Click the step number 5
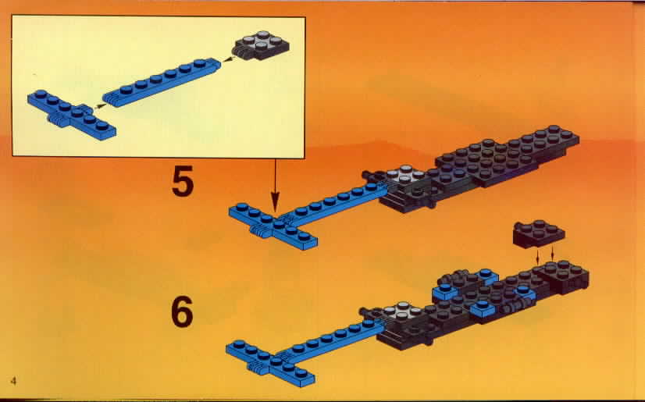click(183, 183)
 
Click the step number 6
click(182, 311)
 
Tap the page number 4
click(13, 381)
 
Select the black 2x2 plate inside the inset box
click(262, 44)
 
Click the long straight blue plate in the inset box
click(162, 81)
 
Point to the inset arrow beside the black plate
click(227, 59)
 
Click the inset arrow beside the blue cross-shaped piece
click(98, 106)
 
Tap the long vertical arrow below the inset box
click(275, 186)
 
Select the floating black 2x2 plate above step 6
click(539, 233)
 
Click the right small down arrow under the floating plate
click(552, 254)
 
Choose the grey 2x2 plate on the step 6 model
click(401, 311)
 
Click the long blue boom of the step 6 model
click(329, 340)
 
